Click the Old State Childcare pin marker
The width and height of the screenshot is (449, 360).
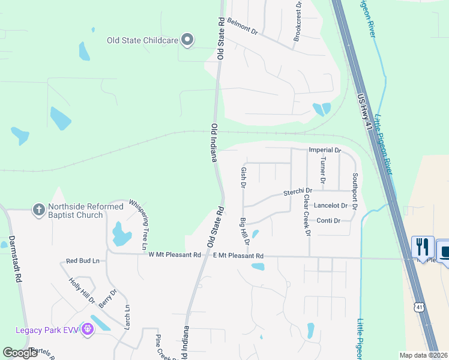coord(187,40)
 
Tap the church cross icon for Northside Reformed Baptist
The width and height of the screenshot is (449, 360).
coord(39,210)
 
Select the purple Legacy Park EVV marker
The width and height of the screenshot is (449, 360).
coord(88,329)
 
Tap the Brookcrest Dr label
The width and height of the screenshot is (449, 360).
coord(297,22)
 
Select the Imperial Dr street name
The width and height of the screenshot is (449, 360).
coord(324,150)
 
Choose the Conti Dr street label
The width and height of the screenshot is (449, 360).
coord(328,221)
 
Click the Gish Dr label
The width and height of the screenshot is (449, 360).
coord(244,178)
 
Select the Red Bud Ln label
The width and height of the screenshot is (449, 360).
coord(83,261)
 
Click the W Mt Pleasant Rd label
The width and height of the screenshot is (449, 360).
coord(175,255)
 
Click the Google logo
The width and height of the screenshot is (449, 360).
coord(20,352)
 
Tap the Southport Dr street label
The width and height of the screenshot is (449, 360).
coord(355,191)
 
